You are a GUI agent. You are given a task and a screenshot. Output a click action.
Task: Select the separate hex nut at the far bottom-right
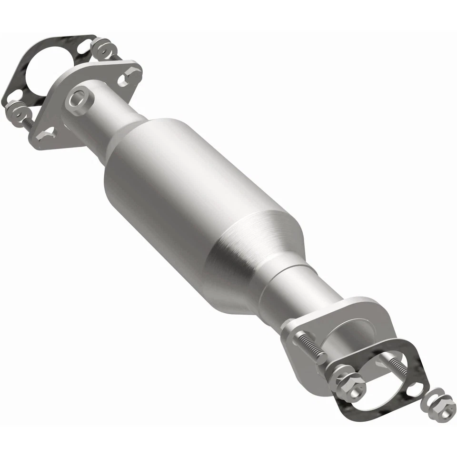(x=446, y=409)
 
